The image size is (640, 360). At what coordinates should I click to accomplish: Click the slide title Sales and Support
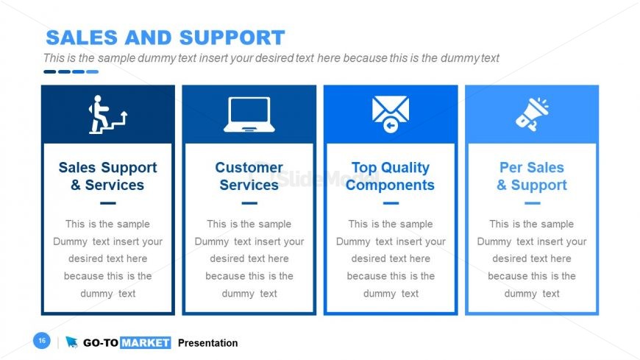(x=165, y=38)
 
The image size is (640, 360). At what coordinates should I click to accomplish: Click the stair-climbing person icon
(x=107, y=114)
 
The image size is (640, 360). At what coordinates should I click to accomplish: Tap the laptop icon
(x=249, y=114)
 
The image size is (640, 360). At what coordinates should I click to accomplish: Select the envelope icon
(x=390, y=114)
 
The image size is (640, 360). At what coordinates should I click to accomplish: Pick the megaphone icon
(x=531, y=114)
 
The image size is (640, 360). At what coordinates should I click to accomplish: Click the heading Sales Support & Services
(x=107, y=176)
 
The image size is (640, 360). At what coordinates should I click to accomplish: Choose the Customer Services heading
(x=249, y=176)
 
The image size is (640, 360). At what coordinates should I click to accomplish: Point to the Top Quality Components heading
(x=390, y=176)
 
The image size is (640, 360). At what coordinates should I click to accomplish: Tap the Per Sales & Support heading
(x=531, y=176)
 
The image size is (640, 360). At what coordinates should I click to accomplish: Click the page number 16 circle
(x=41, y=341)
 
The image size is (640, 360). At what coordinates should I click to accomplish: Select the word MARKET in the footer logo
(x=145, y=343)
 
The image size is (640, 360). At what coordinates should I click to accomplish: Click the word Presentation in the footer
(x=207, y=343)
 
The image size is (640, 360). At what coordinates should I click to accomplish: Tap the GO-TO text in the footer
(x=100, y=343)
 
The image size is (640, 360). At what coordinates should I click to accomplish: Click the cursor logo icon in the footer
(x=71, y=342)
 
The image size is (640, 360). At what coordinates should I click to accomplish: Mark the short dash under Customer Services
(x=249, y=203)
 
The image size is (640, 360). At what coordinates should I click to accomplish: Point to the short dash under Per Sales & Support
(x=531, y=203)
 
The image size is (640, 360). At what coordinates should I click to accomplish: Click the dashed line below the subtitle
(x=71, y=71)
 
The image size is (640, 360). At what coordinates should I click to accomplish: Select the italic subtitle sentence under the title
(x=271, y=58)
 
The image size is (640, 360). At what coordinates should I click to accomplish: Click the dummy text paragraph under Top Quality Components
(x=390, y=258)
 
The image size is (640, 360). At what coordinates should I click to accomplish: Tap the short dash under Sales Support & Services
(x=107, y=203)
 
